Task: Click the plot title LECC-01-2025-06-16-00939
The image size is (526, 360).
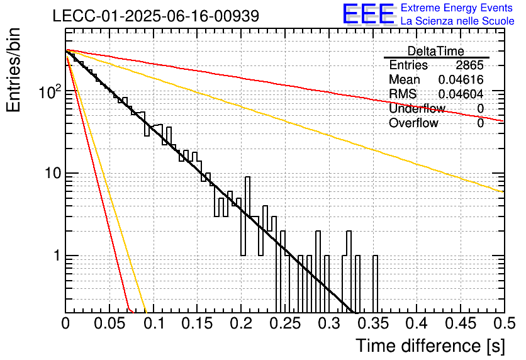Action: tap(156, 16)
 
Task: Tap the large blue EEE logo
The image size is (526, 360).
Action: tap(368, 14)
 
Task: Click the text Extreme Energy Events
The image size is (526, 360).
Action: tap(457, 8)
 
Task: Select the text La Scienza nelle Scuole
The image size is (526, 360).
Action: tap(457, 21)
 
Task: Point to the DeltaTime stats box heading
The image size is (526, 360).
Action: tap(436, 51)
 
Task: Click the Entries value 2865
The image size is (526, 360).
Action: tap(469, 65)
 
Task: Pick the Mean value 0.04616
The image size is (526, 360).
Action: tap(461, 79)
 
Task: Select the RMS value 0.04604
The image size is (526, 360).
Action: tap(461, 94)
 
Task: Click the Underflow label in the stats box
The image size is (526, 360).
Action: tap(417, 108)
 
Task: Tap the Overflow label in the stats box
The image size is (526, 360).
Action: tap(413, 123)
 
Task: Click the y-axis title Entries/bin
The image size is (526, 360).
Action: tap(13, 70)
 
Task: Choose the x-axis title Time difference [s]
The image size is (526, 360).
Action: tap(430, 346)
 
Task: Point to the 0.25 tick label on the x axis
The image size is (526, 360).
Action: tap(286, 323)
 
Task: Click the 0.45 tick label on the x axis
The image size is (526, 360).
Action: tap(461, 323)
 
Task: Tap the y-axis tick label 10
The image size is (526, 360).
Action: tap(53, 174)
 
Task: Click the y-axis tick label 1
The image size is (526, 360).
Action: tap(57, 256)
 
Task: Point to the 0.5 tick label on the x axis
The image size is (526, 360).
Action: tap(505, 323)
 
